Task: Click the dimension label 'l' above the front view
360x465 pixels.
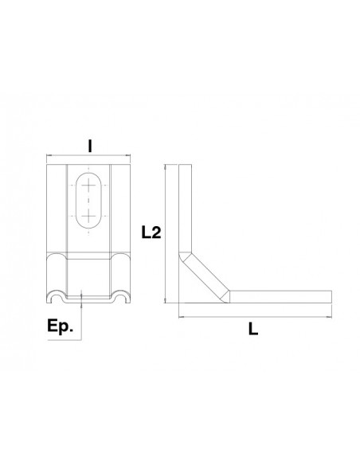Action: click(90, 146)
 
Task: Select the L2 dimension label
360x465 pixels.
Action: click(150, 233)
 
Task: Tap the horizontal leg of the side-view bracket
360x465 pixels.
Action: click(279, 295)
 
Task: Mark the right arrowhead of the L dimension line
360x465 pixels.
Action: click(327, 316)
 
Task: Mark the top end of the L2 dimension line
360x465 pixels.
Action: click(165, 166)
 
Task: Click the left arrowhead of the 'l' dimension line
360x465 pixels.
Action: click(49, 155)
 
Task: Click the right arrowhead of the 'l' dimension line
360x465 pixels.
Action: click(131, 155)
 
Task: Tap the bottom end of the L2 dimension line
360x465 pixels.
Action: click(165, 302)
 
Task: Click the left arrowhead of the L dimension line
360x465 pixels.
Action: click(178, 316)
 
